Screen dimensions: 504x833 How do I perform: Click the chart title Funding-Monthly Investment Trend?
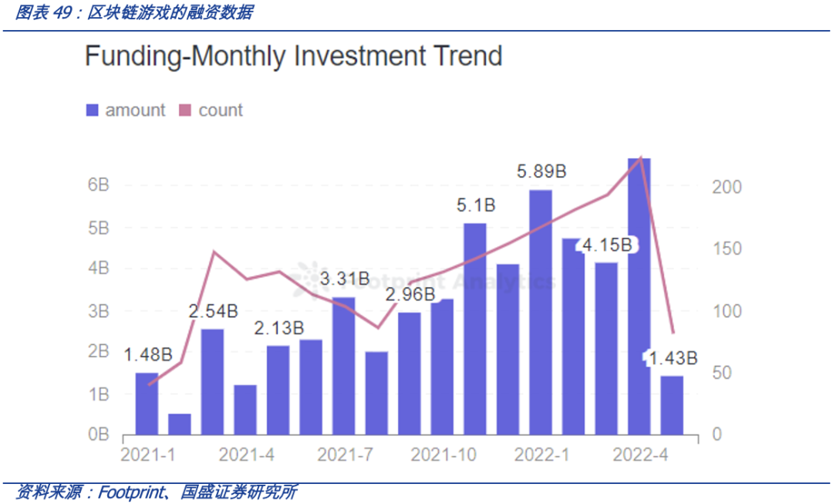tap(293, 56)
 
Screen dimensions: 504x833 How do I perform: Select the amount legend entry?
tap(126, 110)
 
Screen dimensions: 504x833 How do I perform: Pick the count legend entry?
tap(211, 110)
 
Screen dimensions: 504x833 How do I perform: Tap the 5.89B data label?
tap(541, 171)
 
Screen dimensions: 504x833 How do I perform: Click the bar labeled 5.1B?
tap(475, 328)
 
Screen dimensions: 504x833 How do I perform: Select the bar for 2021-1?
tap(147, 403)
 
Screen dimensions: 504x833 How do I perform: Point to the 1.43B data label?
tap(673, 358)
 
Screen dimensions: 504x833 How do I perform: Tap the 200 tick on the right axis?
tap(727, 188)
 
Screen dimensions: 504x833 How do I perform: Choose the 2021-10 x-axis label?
tap(442, 455)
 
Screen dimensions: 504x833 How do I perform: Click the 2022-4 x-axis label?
tap(639, 455)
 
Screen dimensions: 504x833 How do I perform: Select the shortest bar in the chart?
tap(179, 424)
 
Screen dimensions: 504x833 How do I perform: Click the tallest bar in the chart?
tap(639, 296)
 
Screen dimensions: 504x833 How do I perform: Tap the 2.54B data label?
tap(214, 311)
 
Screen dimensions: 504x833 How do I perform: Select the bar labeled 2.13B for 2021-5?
tap(278, 390)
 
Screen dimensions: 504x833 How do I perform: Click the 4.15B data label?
tap(607, 245)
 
